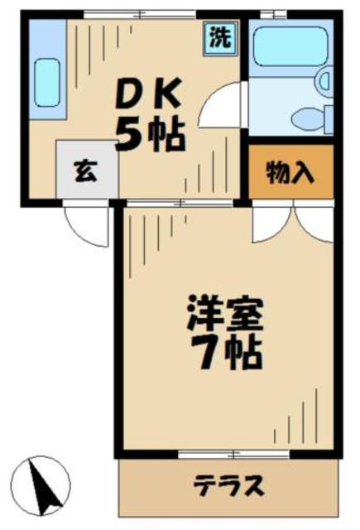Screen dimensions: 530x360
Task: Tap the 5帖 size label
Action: coord(149,135)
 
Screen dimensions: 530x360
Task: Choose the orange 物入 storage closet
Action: coord(290,173)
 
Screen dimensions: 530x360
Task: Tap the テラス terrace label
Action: coord(229,483)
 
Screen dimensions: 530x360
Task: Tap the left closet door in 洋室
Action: coord(272,219)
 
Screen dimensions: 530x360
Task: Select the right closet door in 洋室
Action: coord(314,219)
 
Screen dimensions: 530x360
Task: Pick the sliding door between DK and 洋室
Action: coord(181,201)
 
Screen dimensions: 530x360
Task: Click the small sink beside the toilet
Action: coord(325,80)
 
